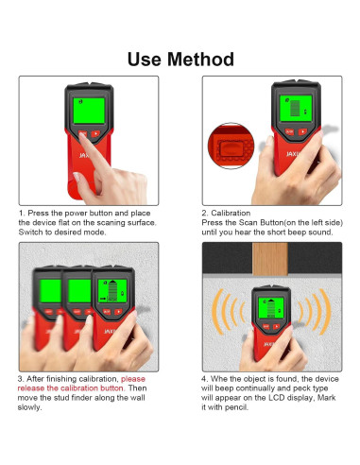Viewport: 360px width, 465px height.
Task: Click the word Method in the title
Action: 200,59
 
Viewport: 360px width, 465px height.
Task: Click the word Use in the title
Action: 144,60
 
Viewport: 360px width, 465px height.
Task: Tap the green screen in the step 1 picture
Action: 89,111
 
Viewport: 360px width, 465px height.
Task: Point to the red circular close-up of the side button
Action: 231,146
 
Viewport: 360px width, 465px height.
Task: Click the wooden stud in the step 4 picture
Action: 270,259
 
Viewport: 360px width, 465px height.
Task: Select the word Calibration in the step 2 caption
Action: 231,213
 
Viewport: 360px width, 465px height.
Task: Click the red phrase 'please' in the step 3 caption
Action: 133,379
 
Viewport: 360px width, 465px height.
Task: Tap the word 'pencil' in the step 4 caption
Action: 236,407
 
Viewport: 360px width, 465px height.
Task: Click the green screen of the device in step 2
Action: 296,108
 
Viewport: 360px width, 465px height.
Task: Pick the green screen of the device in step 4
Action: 271,307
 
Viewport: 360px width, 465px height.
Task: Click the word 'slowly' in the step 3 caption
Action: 29,407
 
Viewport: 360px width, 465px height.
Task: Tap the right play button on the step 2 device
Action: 302,131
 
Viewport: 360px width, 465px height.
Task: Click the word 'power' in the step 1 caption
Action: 76,214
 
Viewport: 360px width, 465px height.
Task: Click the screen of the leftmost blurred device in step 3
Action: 50,291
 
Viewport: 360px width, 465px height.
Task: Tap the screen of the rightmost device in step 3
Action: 112,291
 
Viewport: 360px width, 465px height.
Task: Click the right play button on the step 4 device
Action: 276,327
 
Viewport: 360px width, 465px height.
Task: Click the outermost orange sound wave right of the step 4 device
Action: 325,312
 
